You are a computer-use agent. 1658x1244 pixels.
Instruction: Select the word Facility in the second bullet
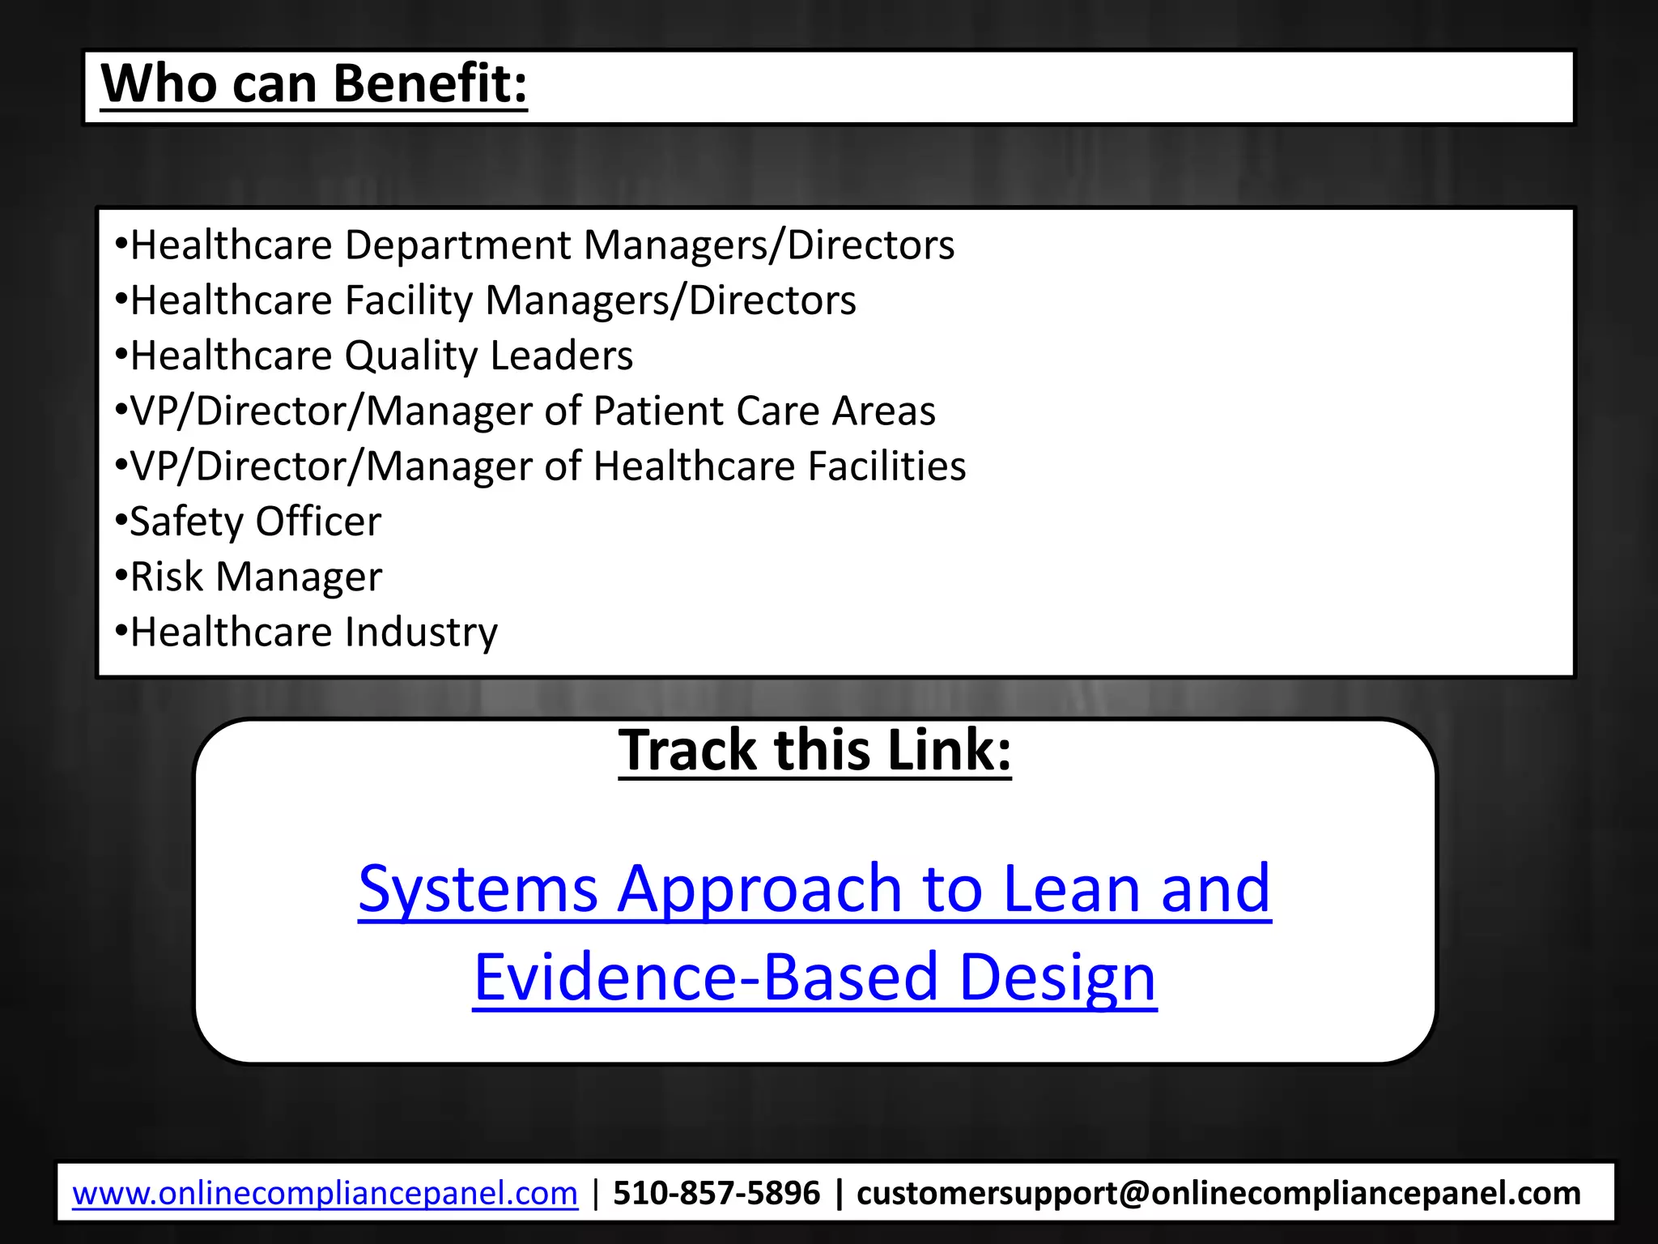tap(409, 300)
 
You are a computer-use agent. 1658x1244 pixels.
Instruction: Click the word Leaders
tap(562, 356)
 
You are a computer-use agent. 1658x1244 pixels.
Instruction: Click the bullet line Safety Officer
tap(255, 522)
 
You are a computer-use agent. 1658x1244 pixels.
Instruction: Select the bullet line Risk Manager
tap(256, 577)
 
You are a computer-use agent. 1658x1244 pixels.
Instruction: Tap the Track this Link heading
tap(814, 750)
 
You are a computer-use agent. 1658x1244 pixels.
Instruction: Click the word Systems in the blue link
tap(478, 888)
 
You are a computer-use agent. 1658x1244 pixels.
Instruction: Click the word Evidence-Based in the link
tap(705, 977)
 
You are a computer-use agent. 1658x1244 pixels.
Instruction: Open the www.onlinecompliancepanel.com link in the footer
tap(325, 1193)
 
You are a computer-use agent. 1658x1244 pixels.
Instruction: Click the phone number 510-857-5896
tap(716, 1193)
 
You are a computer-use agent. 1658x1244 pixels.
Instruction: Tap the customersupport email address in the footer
tap(1218, 1193)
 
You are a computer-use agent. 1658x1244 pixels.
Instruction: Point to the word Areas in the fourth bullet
tap(884, 411)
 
